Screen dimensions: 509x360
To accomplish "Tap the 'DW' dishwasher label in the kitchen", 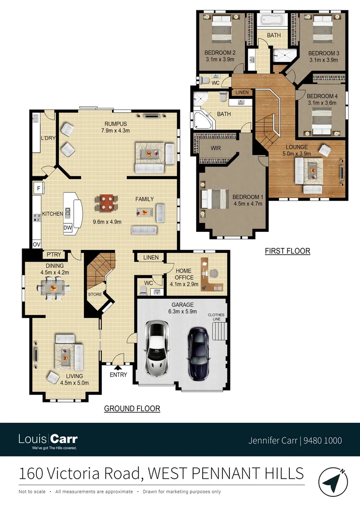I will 67,228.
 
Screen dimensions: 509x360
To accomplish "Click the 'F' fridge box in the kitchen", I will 38,189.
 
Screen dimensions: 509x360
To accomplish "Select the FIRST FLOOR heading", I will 287,251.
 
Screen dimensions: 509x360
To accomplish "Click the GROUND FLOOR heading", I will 132,409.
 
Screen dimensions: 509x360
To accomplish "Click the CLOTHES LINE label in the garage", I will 217,317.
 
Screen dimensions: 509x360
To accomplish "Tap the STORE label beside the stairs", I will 94,295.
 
